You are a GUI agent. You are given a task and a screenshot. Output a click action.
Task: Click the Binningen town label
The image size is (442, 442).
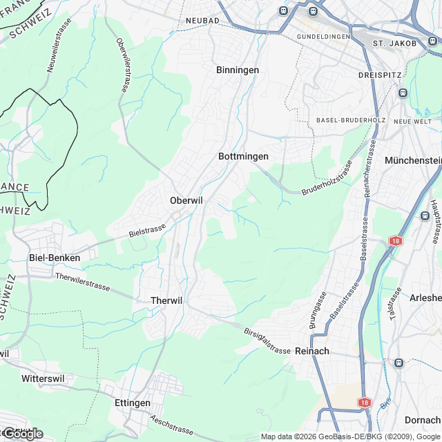[x=237, y=70]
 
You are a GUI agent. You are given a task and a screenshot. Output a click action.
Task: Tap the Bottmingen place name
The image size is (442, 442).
[x=243, y=157]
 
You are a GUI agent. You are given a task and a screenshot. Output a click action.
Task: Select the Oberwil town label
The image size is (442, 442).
[x=186, y=200]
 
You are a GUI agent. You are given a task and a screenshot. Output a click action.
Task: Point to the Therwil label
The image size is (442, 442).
[x=166, y=300]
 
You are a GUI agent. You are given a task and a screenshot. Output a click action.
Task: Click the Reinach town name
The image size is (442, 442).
[x=311, y=351]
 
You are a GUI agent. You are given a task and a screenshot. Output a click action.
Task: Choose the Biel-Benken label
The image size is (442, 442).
[x=55, y=258]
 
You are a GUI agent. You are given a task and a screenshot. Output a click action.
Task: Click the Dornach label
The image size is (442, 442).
[x=423, y=420]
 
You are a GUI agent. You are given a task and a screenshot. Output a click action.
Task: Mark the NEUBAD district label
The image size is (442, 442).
[x=202, y=21]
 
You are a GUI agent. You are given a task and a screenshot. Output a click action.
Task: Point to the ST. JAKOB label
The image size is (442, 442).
[x=394, y=44]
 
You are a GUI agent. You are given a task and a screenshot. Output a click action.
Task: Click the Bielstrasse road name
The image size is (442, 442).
[x=147, y=230]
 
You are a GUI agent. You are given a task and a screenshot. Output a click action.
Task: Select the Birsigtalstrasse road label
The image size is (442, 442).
[x=267, y=341]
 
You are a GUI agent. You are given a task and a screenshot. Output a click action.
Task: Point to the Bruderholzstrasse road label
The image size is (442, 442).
[x=327, y=179]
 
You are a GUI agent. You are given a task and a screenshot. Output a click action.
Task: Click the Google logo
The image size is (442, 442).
[x=22, y=434]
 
